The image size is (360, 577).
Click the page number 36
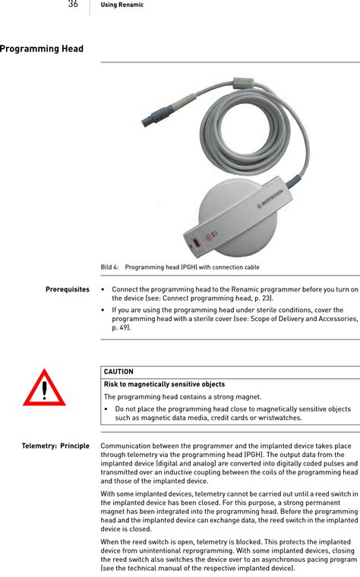(x=73, y=5)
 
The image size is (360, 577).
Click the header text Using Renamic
(x=122, y=5)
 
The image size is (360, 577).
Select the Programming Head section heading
(x=42, y=49)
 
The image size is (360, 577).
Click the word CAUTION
(x=118, y=372)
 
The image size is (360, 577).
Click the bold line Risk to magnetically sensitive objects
(x=164, y=384)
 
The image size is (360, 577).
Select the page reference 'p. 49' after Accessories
(x=120, y=328)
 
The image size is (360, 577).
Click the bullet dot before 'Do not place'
(x=107, y=409)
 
